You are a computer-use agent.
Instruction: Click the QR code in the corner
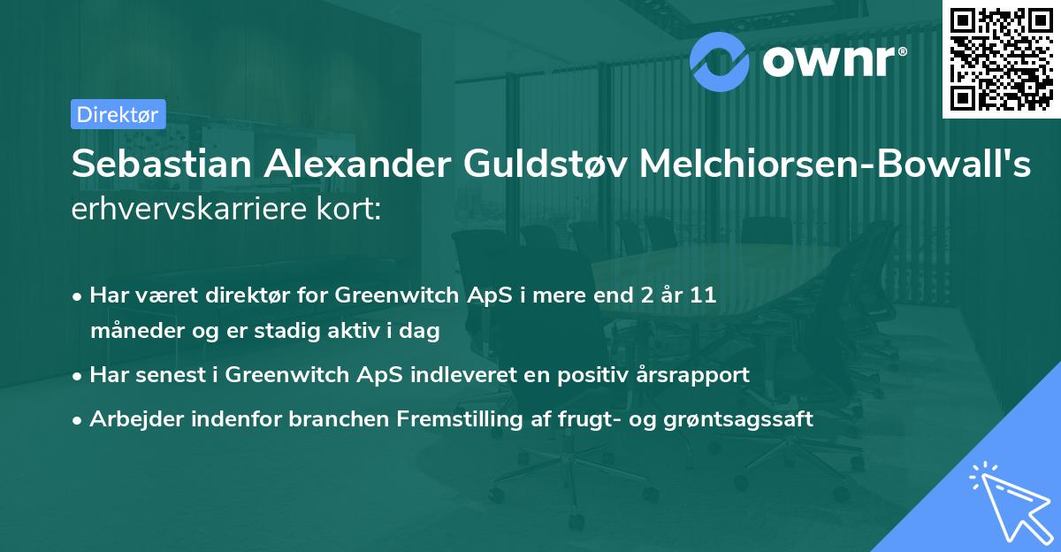[x=1001, y=58]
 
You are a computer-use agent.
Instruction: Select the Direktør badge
[x=118, y=113]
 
